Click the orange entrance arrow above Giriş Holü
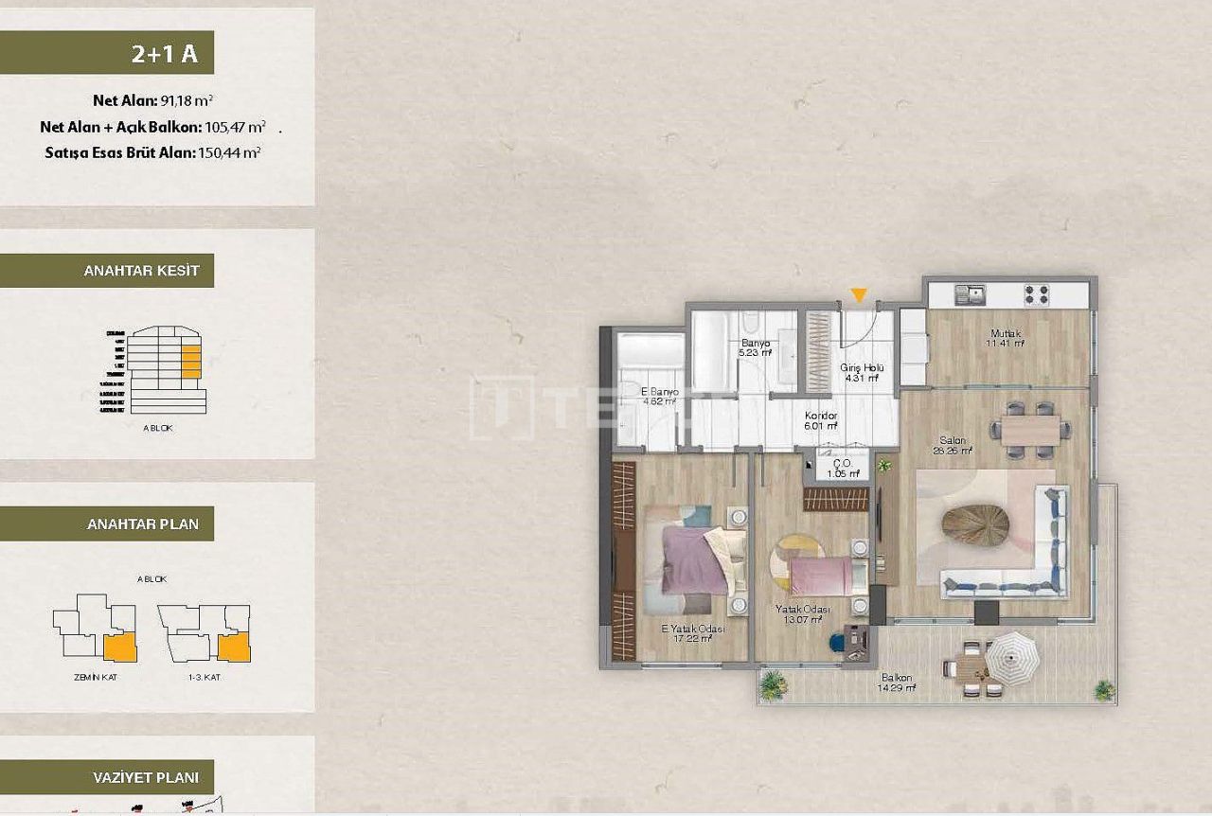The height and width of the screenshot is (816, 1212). coord(858,295)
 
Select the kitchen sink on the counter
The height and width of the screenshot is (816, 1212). coord(969,293)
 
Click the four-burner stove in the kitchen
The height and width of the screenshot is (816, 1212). coord(1037,294)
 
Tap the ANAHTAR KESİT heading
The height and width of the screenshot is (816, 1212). coord(141,271)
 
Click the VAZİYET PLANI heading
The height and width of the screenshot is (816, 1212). coord(145,778)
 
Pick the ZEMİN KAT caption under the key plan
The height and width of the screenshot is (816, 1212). coord(94,677)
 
